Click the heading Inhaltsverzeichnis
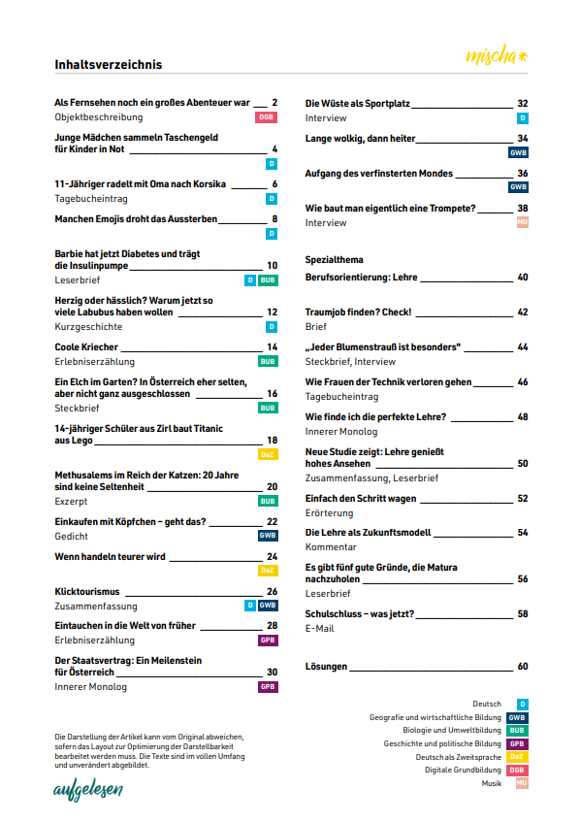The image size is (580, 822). click(109, 65)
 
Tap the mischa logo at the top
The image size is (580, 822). click(499, 53)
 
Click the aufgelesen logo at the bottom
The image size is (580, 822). click(88, 790)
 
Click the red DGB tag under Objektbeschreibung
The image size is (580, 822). click(267, 117)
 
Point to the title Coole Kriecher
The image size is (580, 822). click(86, 346)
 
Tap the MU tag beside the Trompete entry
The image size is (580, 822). click(522, 223)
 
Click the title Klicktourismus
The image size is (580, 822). click(86, 591)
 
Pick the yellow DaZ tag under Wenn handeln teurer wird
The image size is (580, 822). click(268, 571)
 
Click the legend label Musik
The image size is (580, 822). click(492, 782)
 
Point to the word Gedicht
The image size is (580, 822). click(72, 536)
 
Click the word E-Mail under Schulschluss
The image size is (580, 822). click(319, 629)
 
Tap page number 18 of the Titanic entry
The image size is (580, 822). click(273, 440)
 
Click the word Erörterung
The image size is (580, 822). click(329, 512)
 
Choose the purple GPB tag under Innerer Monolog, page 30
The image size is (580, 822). click(268, 687)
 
